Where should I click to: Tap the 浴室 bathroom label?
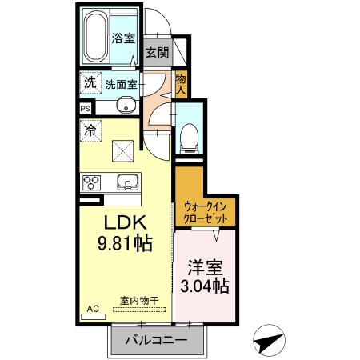(x=122, y=38)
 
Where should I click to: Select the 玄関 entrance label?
(x=156, y=54)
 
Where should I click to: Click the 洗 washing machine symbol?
(x=90, y=82)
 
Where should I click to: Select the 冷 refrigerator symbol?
(x=90, y=128)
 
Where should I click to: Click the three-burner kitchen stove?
(x=90, y=180)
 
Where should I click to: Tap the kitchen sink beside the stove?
(x=126, y=180)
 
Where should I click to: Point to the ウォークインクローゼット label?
(x=206, y=212)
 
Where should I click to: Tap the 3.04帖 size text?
(x=206, y=285)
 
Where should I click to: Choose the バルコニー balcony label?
(x=155, y=341)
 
